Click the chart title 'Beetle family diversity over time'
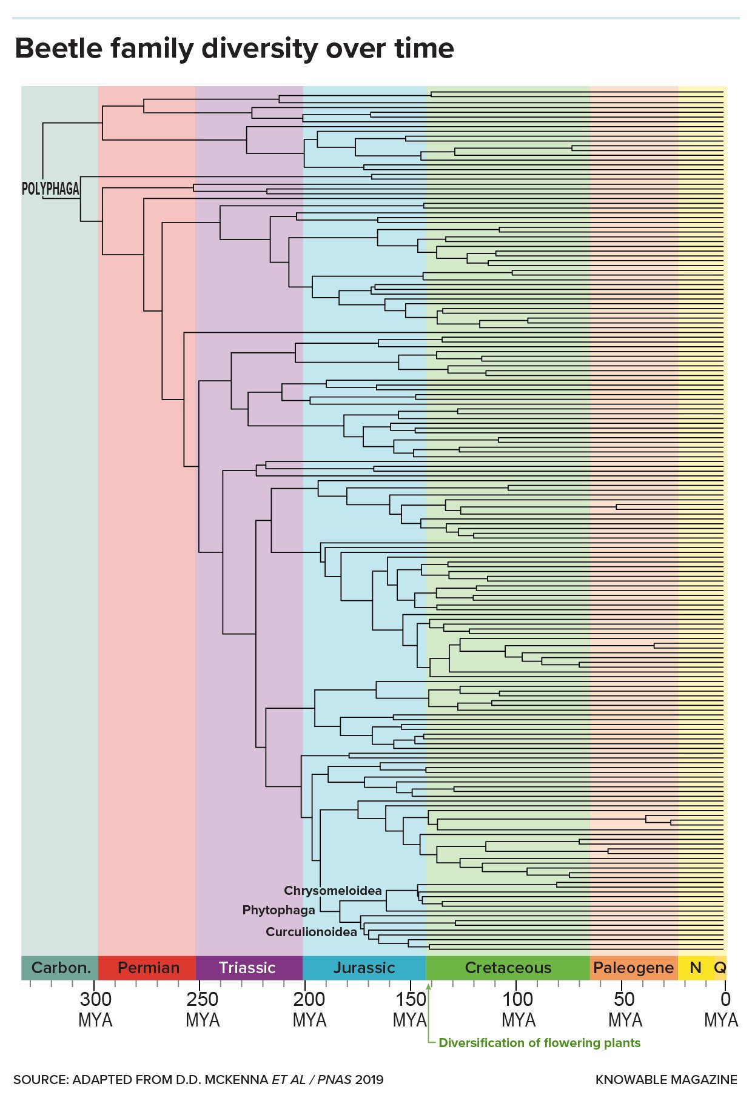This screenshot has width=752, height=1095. point(234,49)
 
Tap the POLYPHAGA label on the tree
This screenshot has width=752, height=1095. point(50,189)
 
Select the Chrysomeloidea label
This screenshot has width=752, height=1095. point(333,891)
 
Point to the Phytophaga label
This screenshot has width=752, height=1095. point(278,910)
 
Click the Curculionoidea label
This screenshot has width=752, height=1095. point(311,932)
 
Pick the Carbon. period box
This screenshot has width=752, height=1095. point(60,968)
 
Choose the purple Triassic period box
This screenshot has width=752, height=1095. point(247,968)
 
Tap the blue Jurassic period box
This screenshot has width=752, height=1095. point(364,968)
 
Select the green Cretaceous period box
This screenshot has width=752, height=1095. point(508,968)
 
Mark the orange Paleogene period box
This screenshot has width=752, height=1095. point(634,968)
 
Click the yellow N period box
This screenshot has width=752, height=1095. point(696,968)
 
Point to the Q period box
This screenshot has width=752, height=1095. point(720,968)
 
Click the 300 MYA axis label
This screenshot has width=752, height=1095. point(96,1010)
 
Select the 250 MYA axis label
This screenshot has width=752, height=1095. point(203,1010)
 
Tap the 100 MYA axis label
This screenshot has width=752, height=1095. point(519,1010)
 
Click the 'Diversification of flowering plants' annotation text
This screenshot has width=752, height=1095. point(539,1043)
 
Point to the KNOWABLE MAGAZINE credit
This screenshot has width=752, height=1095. point(666,1080)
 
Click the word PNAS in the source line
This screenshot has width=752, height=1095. point(335,1080)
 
